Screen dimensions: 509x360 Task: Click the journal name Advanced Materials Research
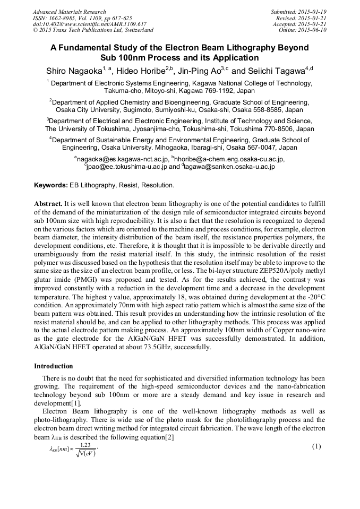(x=69, y=12)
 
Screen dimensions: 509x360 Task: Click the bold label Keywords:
(x=51, y=185)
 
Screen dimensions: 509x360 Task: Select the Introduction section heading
(x=53, y=366)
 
